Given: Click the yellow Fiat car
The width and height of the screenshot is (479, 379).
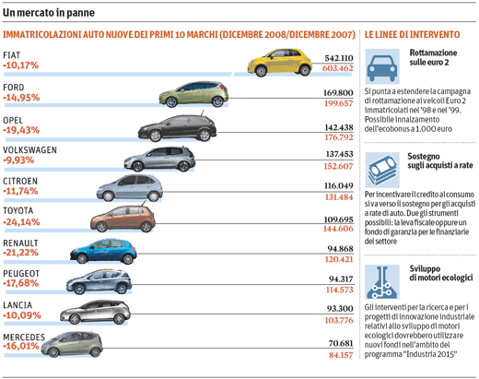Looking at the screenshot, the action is tap(280, 63).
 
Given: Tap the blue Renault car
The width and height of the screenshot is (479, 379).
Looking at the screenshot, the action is tap(103, 251).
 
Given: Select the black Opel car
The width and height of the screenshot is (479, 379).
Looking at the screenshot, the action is tap(177, 128).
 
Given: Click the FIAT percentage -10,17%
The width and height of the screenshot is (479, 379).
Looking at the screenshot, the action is tap(21, 65).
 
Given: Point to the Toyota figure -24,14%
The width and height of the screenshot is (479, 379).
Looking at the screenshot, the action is tap(21, 222).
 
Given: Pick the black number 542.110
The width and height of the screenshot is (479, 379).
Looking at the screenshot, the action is tap(339, 58).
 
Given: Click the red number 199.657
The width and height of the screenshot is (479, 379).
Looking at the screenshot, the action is tap(339, 103).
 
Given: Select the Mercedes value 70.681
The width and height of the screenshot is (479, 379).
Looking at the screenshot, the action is tap(341, 343).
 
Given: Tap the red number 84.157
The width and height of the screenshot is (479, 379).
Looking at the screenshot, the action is tap(341, 355).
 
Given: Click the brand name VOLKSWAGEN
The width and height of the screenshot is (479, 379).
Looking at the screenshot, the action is tap(29, 150).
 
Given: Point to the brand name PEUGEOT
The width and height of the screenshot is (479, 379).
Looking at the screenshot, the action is tap(21, 274).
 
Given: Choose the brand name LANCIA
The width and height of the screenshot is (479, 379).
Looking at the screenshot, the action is tap(18, 305).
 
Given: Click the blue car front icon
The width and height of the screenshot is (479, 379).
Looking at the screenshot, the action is tap(382, 66).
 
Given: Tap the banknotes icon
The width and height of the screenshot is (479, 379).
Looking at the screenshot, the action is tap(382, 170).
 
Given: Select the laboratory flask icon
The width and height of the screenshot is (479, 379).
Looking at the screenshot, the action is tap(381, 282).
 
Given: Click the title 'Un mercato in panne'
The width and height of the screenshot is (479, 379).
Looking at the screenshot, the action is tap(49, 13).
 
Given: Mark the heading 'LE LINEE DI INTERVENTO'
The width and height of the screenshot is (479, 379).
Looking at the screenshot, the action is tap(412, 34).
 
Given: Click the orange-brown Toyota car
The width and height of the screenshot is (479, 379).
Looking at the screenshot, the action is tap(123, 219).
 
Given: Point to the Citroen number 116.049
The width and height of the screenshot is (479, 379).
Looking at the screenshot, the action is tap(339, 185).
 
